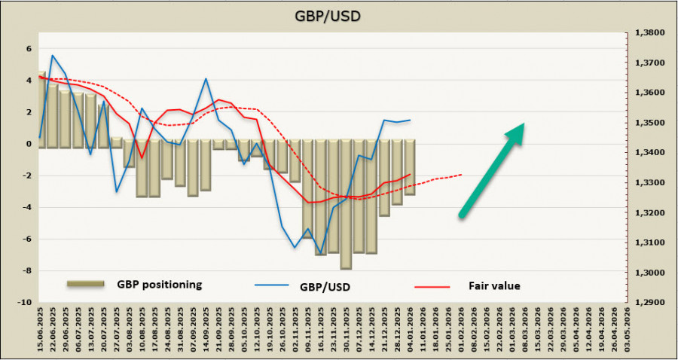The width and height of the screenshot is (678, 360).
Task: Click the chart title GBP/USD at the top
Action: pos(338,16)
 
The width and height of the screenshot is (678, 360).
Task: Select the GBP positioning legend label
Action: pos(159,285)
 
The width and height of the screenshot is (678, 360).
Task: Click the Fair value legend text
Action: pos(494,285)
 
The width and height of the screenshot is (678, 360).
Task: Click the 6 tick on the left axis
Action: pos(29,48)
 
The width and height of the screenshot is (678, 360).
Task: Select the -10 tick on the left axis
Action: pos(25,302)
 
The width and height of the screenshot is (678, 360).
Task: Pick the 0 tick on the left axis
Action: pos(29,144)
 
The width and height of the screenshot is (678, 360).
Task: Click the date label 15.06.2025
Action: pos(40,331)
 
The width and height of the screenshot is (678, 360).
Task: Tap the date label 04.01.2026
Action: pos(411,331)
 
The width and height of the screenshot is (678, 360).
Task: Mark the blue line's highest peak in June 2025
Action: pos(53,55)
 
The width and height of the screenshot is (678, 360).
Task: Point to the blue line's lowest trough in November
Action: pos(321,253)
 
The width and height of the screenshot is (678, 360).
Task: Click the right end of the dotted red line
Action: pos(462,175)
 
